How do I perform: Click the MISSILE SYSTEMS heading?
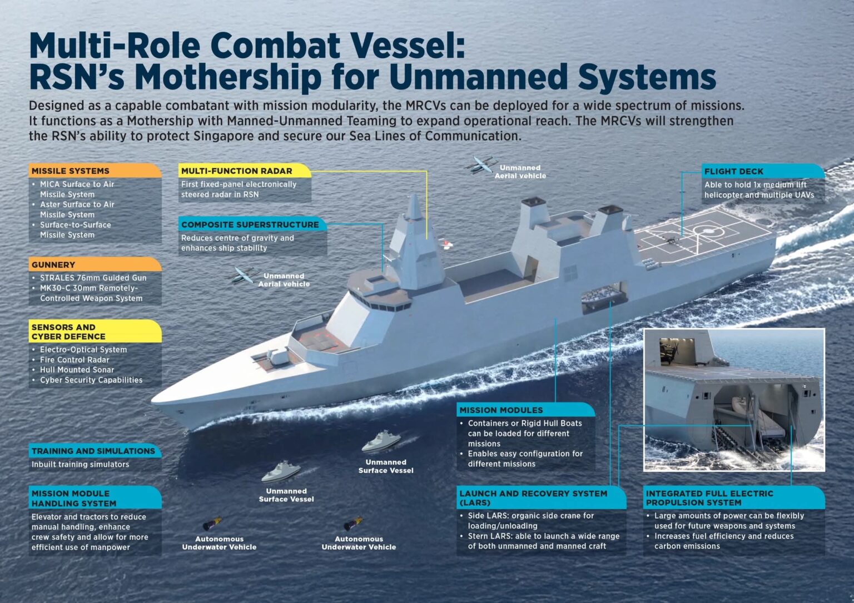(71, 171)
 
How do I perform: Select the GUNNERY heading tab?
(53, 265)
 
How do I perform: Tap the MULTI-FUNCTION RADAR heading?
(236, 171)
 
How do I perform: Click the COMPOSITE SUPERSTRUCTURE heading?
(250, 225)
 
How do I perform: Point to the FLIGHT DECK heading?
(733, 172)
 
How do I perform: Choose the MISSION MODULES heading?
(501, 410)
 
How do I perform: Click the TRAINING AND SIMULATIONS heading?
(93, 451)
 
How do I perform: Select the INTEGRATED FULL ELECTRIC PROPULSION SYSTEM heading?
(709, 498)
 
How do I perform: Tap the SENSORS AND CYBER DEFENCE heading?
(68, 331)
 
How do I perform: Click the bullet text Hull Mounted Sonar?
(77, 370)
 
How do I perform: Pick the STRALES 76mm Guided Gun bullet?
(93, 278)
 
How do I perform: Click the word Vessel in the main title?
(408, 46)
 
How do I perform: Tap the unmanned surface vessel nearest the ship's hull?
(381, 442)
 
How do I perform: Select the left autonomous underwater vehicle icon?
(212, 524)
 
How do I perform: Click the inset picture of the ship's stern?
(734, 400)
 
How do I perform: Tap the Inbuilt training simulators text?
(80, 464)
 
